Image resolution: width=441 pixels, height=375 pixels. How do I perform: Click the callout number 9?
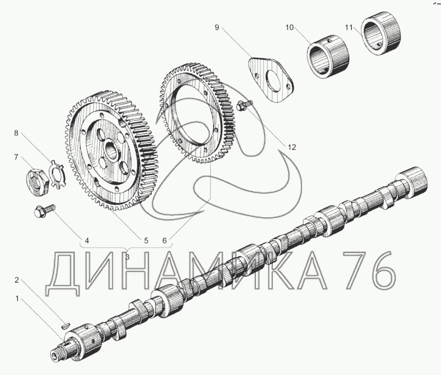click(x=217, y=27)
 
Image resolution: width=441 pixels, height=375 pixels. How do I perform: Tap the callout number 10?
click(x=290, y=27)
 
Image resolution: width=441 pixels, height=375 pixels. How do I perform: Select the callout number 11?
click(x=349, y=27)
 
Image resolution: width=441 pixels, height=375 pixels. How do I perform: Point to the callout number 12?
click(x=292, y=147)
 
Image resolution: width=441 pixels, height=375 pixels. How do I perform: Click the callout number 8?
click(x=16, y=133)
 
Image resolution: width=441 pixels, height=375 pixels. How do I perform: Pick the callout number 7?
click(x=16, y=157)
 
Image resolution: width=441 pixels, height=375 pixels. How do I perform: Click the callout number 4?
click(x=87, y=241)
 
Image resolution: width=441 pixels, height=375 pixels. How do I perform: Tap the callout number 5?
click(x=146, y=241)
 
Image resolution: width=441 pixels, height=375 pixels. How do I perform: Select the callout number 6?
click(x=165, y=241)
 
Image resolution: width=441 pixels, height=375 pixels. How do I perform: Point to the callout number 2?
click(x=16, y=280)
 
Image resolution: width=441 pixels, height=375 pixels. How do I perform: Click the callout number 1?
click(x=17, y=299)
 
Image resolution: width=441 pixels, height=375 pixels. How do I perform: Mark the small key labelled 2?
click(x=65, y=326)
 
